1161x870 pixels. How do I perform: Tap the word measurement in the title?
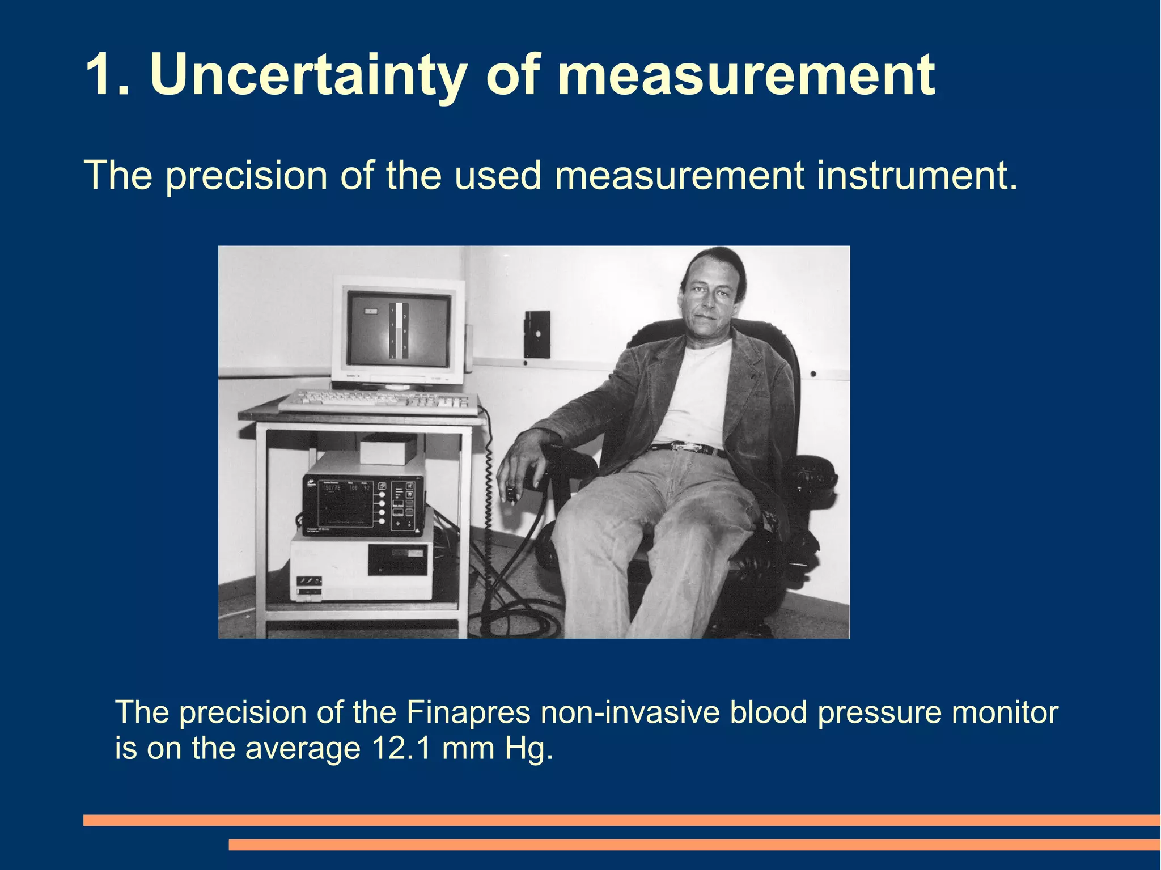[x=745, y=75]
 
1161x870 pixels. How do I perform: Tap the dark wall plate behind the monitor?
[x=536, y=334]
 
